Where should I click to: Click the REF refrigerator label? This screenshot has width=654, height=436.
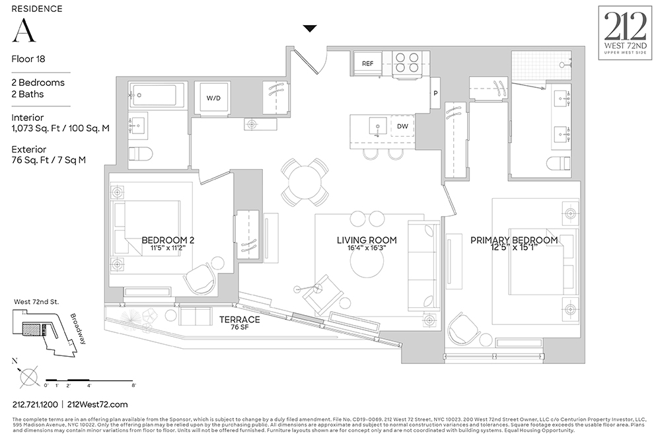pyautogui.click(x=368, y=63)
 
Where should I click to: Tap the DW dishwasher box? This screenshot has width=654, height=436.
pyautogui.click(x=402, y=126)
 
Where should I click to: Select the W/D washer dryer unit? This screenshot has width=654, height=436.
pyautogui.click(x=213, y=98)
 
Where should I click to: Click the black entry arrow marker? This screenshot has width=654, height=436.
pyautogui.click(x=310, y=28)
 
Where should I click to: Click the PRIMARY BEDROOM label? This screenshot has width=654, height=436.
pyautogui.click(x=514, y=240)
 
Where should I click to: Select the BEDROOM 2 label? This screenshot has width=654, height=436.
pyautogui.click(x=168, y=240)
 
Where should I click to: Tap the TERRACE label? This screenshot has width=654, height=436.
pyautogui.click(x=240, y=320)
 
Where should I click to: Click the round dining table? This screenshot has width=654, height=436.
pyautogui.click(x=305, y=182)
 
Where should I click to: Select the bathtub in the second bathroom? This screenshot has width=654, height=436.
pyautogui.click(x=153, y=96)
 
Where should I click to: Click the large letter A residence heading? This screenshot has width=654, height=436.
pyautogui.click(x=24, y=30)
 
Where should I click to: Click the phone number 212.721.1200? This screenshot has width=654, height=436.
pyautogui.click(x=34, y=404)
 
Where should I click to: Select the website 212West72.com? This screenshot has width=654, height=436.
pyautogui.click(x=98, y=404)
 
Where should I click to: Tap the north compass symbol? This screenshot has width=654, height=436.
pyautogui.click(x=28, y=375)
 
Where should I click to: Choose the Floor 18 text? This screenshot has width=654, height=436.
pyautogui.click(x=28, y=58)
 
